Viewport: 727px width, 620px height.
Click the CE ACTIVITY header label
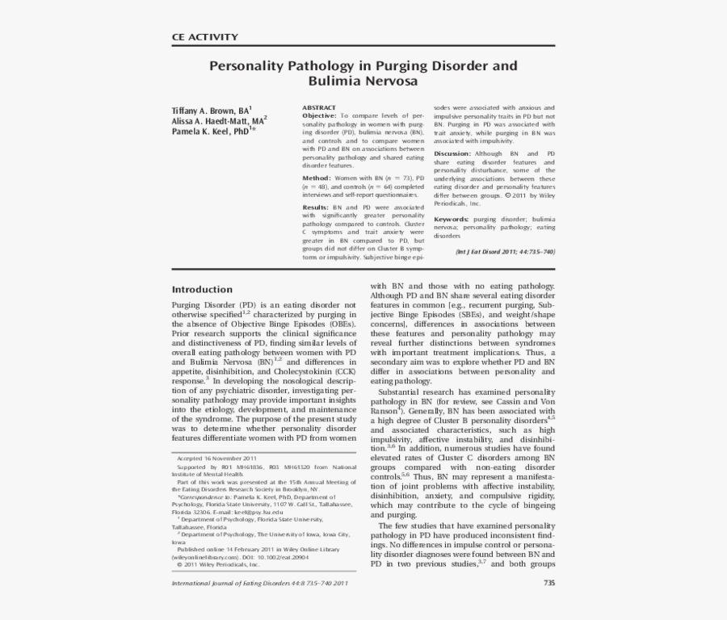pyautogui.click(x=205, y=36)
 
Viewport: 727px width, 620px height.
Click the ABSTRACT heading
pyautogui.click(x=318, y=107)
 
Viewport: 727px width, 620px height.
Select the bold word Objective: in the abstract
pyautogui.click(x=319, y=116)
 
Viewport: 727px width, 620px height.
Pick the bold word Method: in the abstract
pyautogui.click(x=316, y=178)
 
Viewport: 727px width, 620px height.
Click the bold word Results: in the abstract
pyautogui.click(x=317, y=207)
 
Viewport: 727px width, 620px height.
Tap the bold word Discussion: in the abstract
pyautogui.click(x=452, y=153)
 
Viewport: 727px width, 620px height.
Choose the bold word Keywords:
pyautogui.click(x=451, y=220)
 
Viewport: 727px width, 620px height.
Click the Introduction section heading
pyautogui.click(x=202, y=290)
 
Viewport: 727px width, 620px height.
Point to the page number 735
pyautogui.click(x=549, y=583)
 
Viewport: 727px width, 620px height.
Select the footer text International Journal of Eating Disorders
pyautogui.click(x=242, y=583)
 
